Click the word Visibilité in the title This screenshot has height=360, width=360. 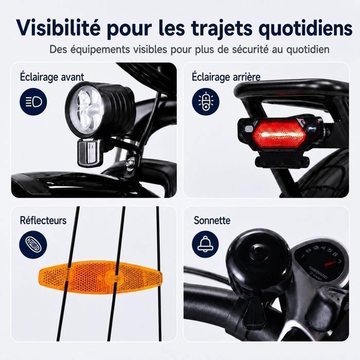pos(59,28)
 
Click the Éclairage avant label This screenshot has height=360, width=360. pos(52,77)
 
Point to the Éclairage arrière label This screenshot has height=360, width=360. pos(226,77)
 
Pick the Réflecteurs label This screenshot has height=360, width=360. pos(43,220)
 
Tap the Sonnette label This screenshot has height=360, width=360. pos(212,220)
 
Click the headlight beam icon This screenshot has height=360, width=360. pos(33,101)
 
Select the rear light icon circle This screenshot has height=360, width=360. pos(206,101)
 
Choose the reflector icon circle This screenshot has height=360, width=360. pos(33,244)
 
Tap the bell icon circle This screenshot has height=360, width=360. pos(206,244)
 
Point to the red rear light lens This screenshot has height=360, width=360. pos(279,134)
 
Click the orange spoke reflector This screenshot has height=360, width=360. pos(100,277)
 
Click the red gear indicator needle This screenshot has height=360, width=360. pos(332,263)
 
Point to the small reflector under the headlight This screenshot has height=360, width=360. pos(88,152)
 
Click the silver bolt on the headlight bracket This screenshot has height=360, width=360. pos(130,162)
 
